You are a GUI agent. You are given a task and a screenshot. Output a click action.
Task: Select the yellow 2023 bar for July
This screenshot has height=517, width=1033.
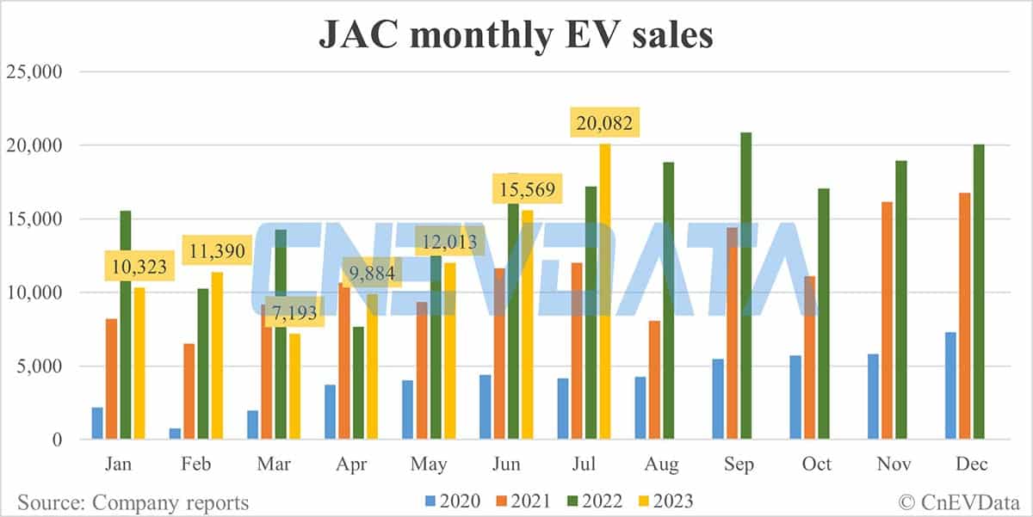point(605,292)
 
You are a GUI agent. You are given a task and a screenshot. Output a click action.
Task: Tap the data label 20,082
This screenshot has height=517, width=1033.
point(604,124)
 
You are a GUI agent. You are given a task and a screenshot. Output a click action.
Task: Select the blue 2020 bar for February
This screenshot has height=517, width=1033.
point(176,434)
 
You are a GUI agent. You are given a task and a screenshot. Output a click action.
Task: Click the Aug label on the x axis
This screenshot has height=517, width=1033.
point(662,465)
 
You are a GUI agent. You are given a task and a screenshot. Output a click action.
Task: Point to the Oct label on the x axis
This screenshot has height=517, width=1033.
point(816,465)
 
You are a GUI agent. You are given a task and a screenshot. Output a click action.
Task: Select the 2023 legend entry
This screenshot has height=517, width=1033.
point(665,500)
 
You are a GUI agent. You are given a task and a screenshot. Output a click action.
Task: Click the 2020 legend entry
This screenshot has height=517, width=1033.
point(450,500)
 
